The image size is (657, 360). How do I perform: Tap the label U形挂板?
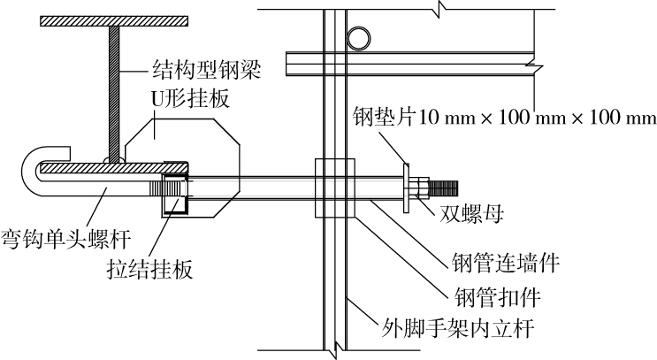point(191,99)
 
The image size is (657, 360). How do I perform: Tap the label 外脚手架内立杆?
point(471,329)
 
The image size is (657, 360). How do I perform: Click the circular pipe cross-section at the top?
point(360,38)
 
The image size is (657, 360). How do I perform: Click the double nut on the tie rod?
point(420,188)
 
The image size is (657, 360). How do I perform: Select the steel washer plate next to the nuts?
point(405,186)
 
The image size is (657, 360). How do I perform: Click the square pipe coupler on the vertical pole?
point(333,188)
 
